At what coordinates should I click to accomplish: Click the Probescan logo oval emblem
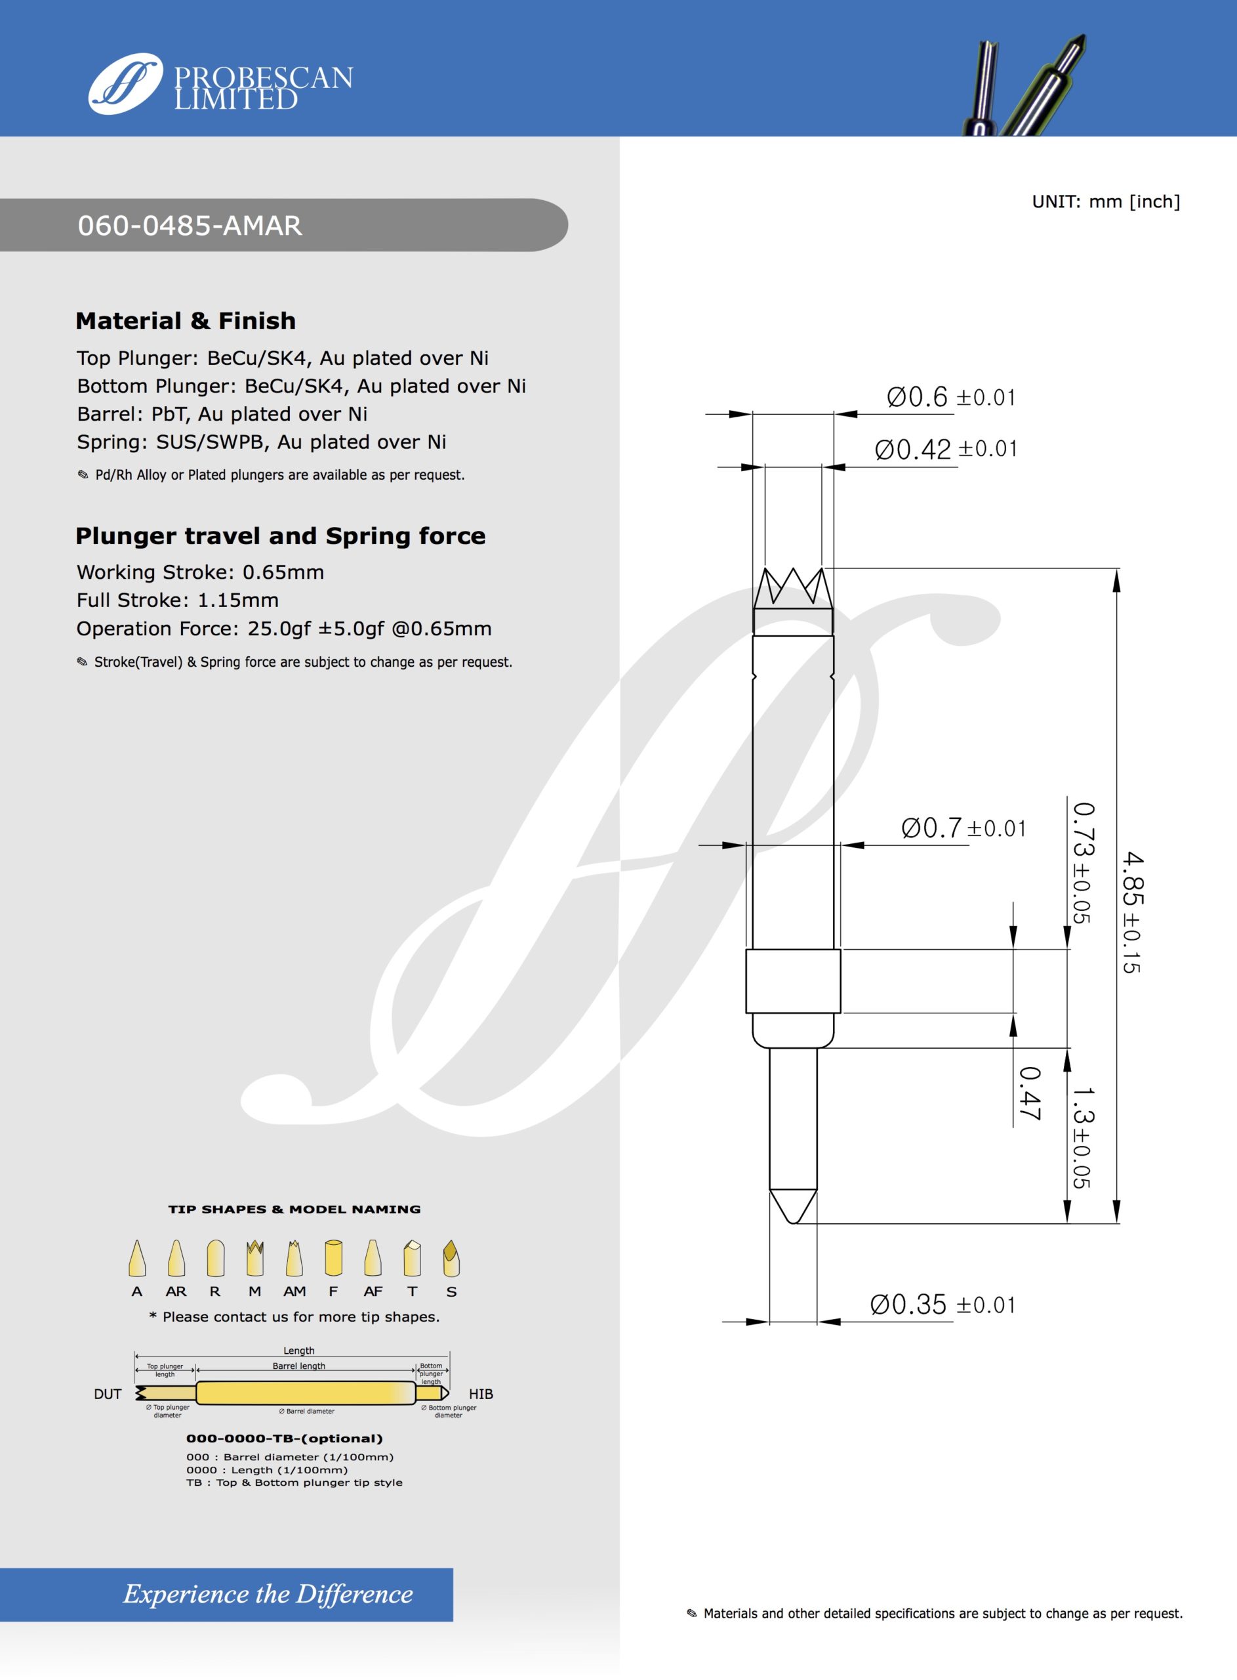(125, 83)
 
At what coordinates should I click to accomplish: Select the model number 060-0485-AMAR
(190, 226)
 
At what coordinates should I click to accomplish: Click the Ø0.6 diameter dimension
(950, 397)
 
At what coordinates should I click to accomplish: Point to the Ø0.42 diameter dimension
(945, 450)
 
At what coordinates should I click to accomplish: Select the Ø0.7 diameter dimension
(963, 828)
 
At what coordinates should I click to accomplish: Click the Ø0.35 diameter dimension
(942, 1305)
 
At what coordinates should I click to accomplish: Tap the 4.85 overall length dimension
(1131, 912)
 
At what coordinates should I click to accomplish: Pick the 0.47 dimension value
(1030, 1094)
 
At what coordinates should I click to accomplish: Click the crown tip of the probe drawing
(793, 589)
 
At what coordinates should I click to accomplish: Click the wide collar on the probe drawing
(793, 981)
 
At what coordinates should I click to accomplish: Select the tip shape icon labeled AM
(294, 1258)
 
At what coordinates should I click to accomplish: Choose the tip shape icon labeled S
(451, 1258)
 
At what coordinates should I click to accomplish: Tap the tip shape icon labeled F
(333, 1258)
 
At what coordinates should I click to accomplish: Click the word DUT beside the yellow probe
(107, 1394)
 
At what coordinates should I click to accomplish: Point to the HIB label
(481, 1394)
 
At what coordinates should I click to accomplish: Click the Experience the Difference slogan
(268, 1593)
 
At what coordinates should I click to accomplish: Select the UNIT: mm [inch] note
(1105, 201)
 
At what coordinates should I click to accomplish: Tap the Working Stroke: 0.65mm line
(200, 572)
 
